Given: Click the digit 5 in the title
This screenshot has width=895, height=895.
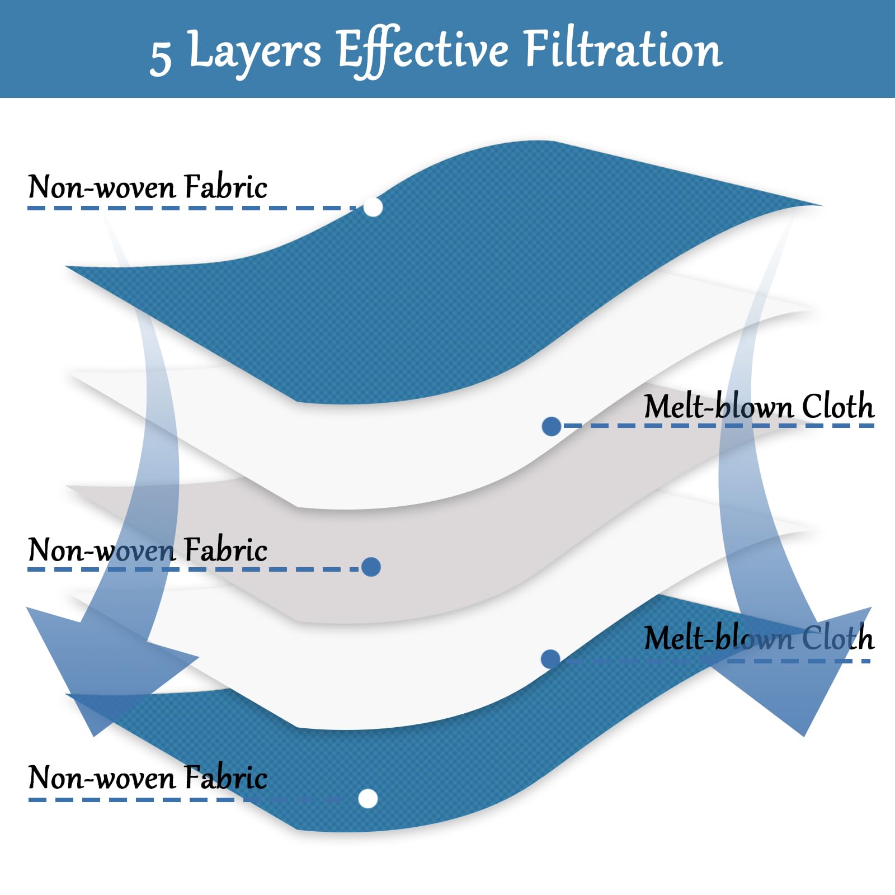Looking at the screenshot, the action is (x=161, y=57).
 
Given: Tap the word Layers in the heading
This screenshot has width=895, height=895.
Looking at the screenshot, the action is (x=255, y=51).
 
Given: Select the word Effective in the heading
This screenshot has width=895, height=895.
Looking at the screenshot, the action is (x=423, y=51).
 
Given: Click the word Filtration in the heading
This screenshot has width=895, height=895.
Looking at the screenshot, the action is (x=623, y=49).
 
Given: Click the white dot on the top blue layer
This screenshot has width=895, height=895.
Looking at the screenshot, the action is (x=373, y=207).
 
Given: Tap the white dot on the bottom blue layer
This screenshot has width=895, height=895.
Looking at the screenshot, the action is (x=368, y=798).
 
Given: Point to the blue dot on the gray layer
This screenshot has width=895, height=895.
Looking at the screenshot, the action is (x=371, y=567).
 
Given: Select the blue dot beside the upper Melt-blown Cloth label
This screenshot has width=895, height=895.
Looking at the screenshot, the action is (x=552, y=426).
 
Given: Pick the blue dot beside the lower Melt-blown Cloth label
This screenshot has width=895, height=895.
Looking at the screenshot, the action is (x=550, y=659).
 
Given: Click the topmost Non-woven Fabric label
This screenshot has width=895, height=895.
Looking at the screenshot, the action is (x=148, y=187).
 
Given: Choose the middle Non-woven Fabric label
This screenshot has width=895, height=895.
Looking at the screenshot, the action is (x=148, y=549).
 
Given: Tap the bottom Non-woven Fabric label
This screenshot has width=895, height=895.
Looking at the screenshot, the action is (x=148, y=777).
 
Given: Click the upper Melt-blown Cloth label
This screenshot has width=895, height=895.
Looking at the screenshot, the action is (x=759, y=406).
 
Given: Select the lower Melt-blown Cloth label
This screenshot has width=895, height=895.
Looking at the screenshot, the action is (x=759, y=638).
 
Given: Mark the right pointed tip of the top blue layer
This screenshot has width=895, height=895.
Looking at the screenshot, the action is (x=822, y=205).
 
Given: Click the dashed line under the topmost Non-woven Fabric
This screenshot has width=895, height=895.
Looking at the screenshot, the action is (x=192, y=208).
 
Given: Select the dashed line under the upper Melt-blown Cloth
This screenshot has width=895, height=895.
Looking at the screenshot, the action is (x=719, y=426).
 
